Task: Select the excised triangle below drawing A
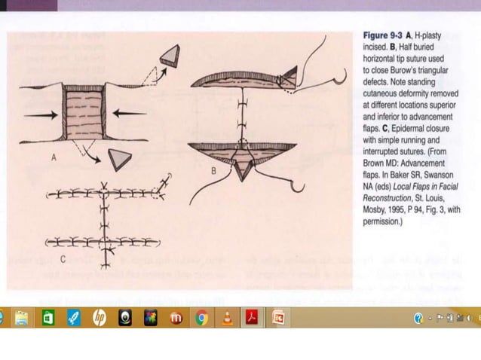click(x=118, y=159)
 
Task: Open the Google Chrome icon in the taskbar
click(x=201, y=319)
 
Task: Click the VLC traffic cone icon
click(x=227, y=319)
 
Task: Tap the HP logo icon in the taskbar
click(x=99, y=319)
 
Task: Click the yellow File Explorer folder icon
click(x=22, y=319)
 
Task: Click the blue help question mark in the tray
click(x=418, y=319)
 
